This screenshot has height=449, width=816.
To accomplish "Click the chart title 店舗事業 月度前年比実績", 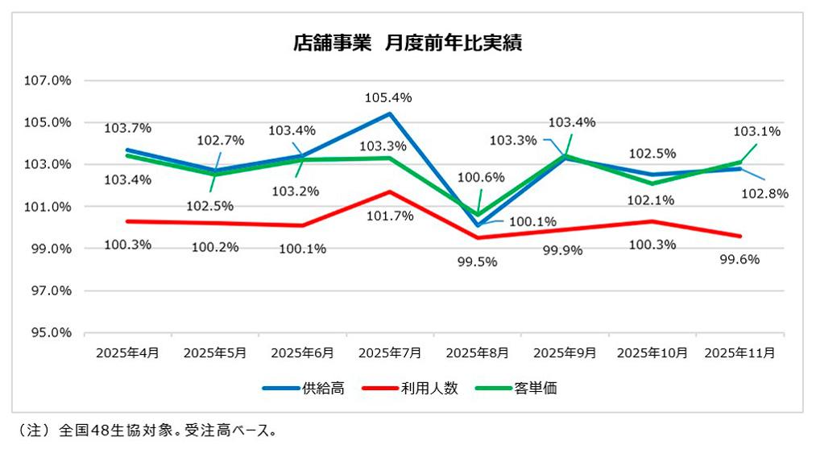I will [408, 43].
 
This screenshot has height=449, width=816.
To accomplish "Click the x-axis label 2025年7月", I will [391, 352].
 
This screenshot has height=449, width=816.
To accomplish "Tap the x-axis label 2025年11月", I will [740, 352].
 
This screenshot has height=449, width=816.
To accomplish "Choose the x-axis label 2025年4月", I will [128, 352].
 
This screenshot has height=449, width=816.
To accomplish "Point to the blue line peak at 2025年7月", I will [390, 113].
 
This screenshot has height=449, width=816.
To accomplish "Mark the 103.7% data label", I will [127, 128].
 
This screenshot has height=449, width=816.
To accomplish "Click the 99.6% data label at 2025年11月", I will [740, 259].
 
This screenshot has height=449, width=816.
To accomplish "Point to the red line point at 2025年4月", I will [128, 221].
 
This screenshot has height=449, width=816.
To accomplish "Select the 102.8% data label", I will [764, 193].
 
